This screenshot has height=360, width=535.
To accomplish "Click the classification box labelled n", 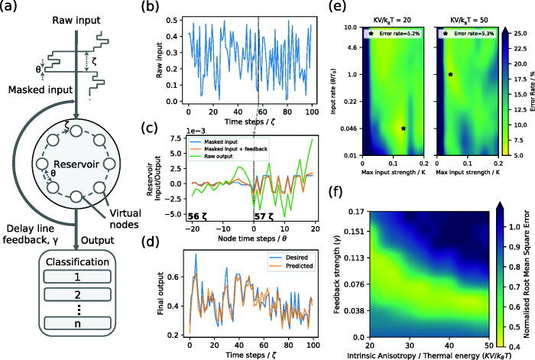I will point(76,336).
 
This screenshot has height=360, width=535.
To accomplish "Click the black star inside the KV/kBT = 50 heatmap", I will point(450,74).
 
